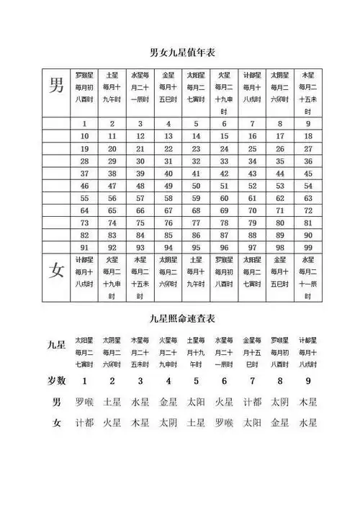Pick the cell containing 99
click(308, 246)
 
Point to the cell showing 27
click(308, 148)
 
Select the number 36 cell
click(308, 161)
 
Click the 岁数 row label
click(57, 380)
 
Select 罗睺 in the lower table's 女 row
click(224, 423)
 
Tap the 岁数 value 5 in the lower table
click(196, 380)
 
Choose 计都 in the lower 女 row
click(85, 423)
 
